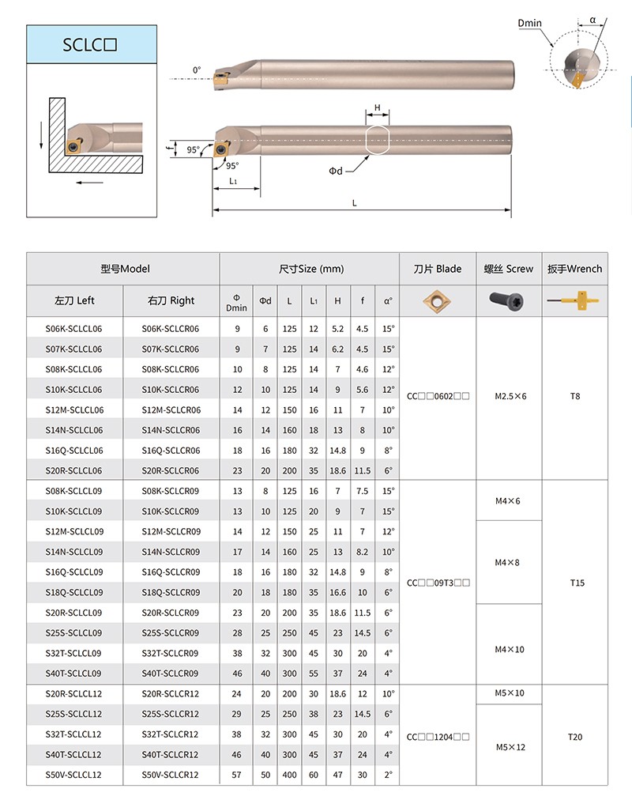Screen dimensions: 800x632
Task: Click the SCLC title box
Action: [x=88, y=44]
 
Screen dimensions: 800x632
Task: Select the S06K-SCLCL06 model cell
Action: [x=74, y=329]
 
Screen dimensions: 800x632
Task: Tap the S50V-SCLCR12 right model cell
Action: [x=170, y=775]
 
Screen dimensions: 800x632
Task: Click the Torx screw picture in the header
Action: [x=508, y=300]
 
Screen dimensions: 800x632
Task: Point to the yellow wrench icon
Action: [x=574, y=300]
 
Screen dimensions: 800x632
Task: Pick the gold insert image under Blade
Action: [x=437, y=300]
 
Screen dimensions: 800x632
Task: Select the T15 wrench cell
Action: [x=576, y=583]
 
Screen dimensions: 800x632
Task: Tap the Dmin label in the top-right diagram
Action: [x=529, y=23]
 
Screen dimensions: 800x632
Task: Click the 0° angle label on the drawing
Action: [x=197, y=71]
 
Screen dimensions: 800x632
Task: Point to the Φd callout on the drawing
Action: [x=336, y=171]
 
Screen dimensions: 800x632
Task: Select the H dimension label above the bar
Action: [x=378, y=108]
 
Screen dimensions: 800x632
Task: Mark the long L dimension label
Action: [x=355, y=203]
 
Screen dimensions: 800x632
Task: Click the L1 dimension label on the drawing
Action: [x=234, y=181]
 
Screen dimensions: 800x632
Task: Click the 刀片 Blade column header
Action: [x=437, y=269]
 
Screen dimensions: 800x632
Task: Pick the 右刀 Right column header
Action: [x=170, y=300]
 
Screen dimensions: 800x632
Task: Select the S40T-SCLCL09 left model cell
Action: [x=74, y=674]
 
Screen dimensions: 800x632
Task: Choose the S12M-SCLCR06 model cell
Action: [x=170, y=410]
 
